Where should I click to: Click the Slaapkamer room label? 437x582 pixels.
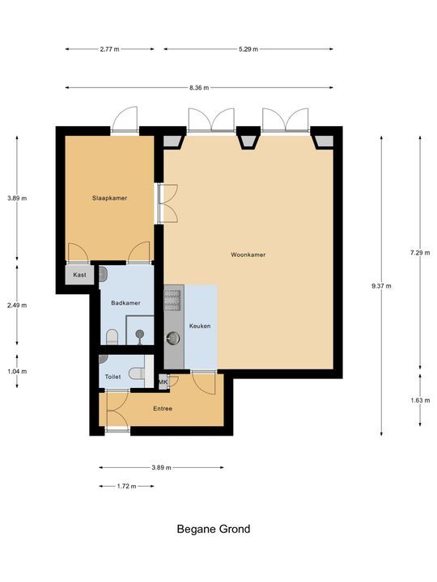click(x=109, y=198)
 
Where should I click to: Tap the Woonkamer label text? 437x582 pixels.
click(x=248, y=255)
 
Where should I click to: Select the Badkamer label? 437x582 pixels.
click(x=125, y=303)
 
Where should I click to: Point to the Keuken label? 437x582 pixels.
click(x=200, y=326)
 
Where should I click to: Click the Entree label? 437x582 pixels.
click(x=163, y=408)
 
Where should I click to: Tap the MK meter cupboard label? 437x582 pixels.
click(x=163, y=382)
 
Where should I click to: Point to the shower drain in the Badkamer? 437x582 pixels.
click(x=141, y=332)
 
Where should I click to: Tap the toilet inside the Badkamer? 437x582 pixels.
click(x=112, y=335)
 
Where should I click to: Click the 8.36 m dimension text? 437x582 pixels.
click(x=199, y=87)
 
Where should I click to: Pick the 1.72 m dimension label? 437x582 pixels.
click(x=125, y=487)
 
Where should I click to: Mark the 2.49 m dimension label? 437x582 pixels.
click(x=17, y=306)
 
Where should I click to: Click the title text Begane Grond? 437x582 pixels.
click(x=214, y=529)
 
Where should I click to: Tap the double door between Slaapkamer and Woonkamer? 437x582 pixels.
click(x=170, y=203)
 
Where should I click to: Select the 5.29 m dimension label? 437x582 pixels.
click(x=248, y=49)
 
